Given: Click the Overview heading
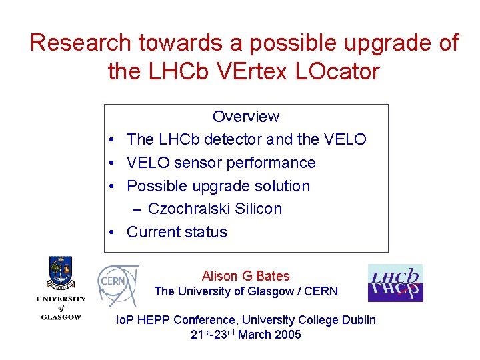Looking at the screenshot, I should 246,117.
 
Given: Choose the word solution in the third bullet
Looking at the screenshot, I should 283,186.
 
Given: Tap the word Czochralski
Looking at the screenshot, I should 191,209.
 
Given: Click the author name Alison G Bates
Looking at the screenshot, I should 246,276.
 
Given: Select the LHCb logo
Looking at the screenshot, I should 395,283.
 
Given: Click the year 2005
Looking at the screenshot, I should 287,335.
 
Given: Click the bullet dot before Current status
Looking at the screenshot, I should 115,233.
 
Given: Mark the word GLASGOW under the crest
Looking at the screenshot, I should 61,317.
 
